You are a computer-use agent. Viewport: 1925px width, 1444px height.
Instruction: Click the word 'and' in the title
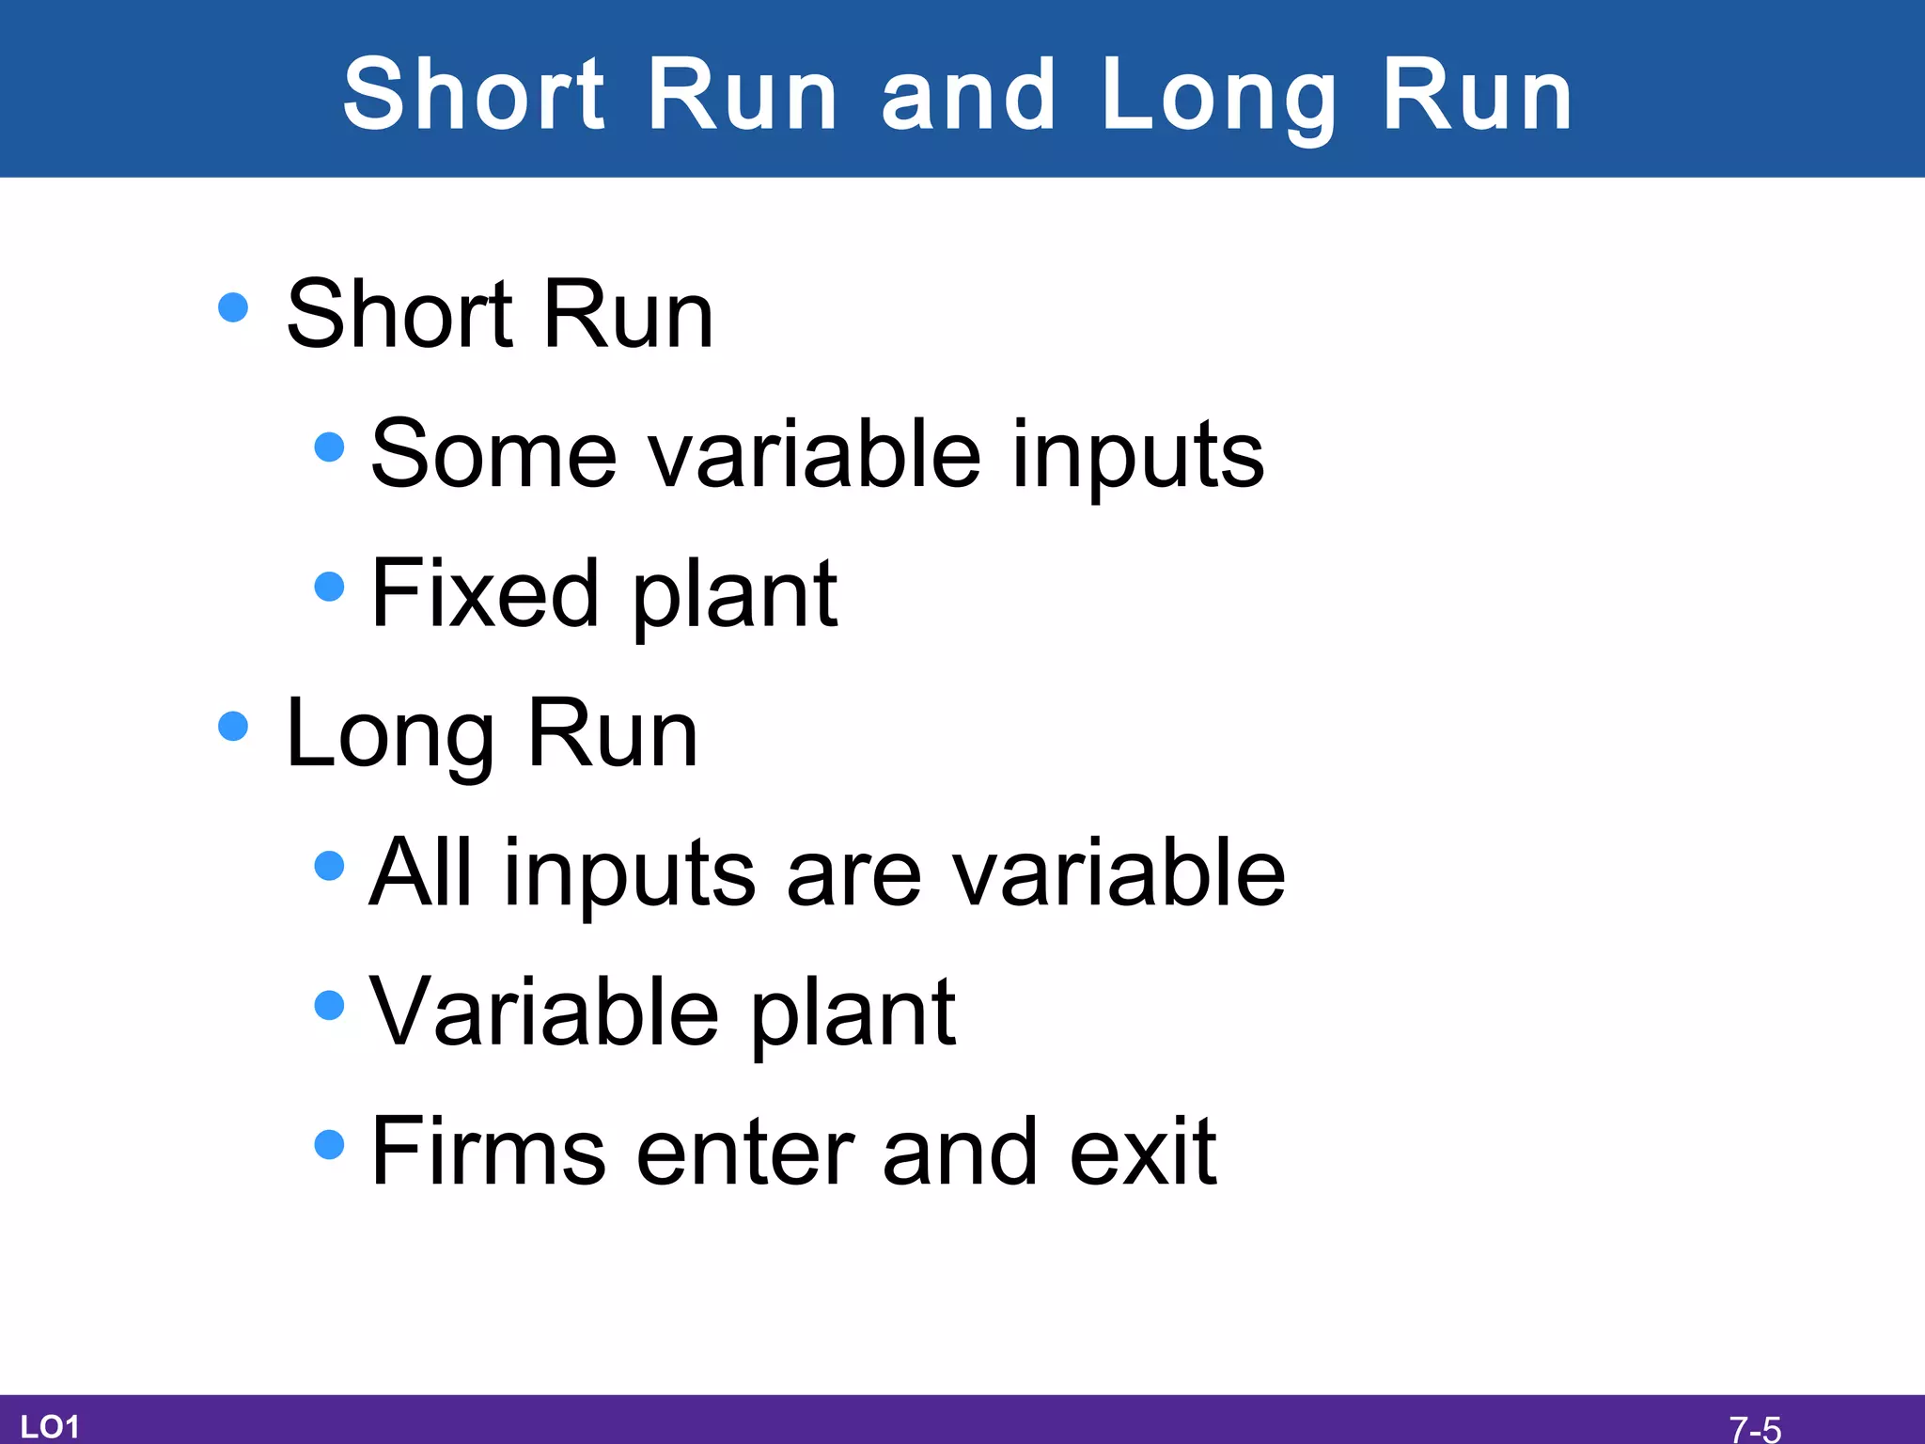click(968, 94)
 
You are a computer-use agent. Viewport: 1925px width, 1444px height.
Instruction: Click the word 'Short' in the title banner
click(475, 94)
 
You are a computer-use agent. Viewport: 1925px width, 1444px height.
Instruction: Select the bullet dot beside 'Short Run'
click(232, 307)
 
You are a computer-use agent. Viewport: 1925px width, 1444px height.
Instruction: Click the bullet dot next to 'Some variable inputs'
click(329, 447)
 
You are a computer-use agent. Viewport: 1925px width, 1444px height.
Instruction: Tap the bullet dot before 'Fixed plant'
click(329, 586)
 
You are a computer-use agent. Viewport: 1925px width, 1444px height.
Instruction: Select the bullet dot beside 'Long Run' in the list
click(232, 726)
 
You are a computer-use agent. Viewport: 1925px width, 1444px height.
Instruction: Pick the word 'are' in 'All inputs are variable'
click(853, 874)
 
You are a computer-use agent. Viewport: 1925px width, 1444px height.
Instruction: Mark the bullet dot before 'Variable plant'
click(329, 1005)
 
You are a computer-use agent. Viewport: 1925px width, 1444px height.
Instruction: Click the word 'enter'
click(744, 1153)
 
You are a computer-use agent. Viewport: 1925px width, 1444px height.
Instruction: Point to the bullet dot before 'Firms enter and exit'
click(329, 1144)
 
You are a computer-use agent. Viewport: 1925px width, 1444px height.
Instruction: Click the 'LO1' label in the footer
click(49, 1426)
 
